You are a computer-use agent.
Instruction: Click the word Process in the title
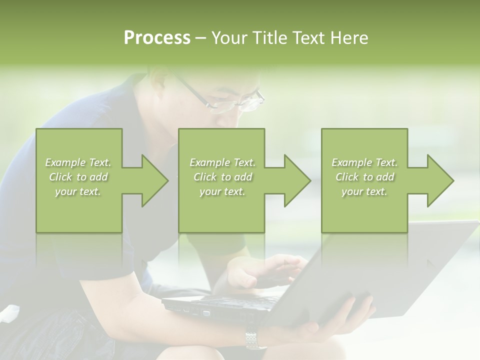point(157,37)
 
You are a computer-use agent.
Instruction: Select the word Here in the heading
point(349,38)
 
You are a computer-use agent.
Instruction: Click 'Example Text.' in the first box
point(78,162)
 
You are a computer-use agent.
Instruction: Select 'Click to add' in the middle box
point(222,177)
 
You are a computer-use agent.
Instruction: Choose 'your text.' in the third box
point(364,191)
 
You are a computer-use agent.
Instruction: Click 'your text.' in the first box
point(78,191)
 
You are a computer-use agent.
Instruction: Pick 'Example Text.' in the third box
point(364,162)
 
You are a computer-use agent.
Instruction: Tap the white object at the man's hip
point(9,315)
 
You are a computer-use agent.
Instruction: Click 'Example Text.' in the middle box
point(222,162)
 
